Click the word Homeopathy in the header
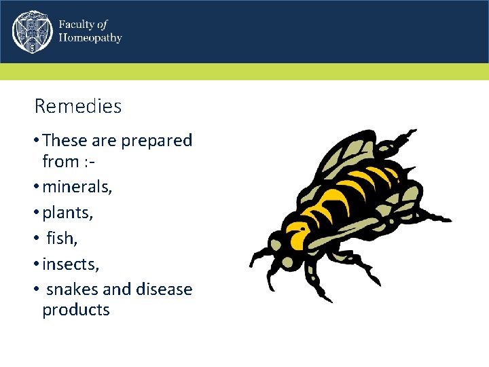click(90, 38)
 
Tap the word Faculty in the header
click(76, 24)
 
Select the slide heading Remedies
click(77, 107)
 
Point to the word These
click(65, 141)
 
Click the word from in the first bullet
click(60, 162)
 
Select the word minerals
click(77, 187)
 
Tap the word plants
click(67, 213)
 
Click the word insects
click(70, 263)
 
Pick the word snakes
click(72, 289)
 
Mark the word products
click(75, 310)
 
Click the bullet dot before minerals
click(36, 188)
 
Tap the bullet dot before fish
click(36, 239)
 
